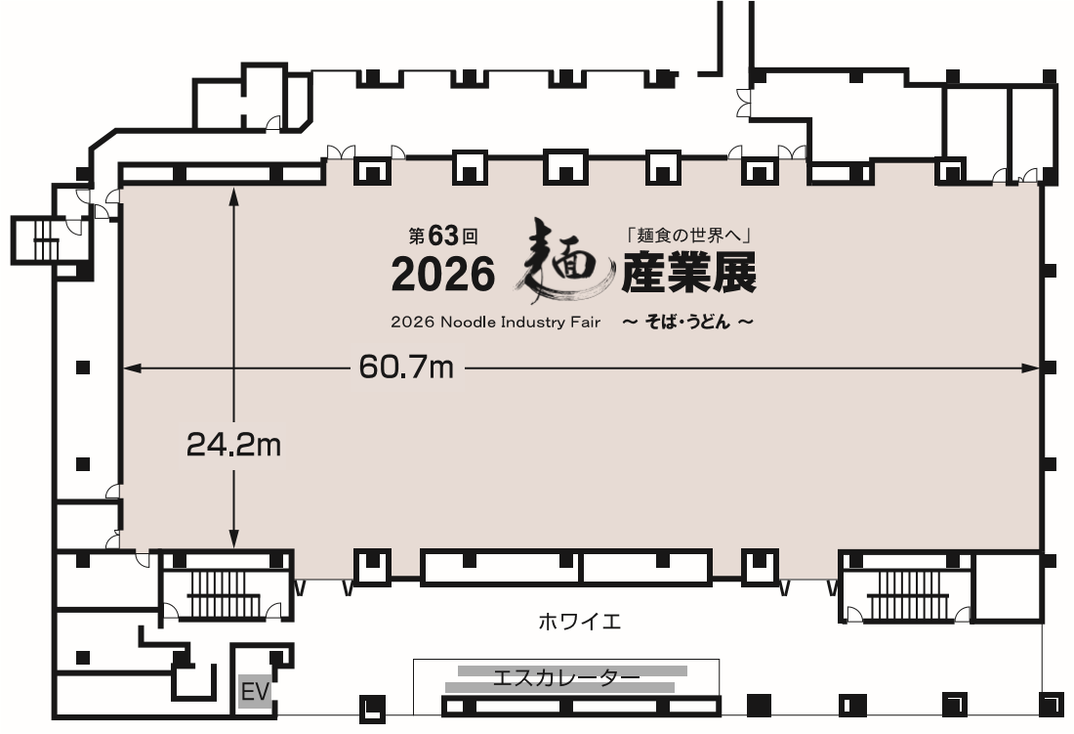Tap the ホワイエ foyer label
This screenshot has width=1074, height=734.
pyautogui.click(x=579, y=622)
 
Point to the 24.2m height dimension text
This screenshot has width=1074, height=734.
pyautogui.click(x=233, y=446)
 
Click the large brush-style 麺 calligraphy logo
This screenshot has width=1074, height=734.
pyautogui.click(x=560, y=262)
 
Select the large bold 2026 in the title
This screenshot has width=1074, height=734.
pyautogui.click(x=442, y=277)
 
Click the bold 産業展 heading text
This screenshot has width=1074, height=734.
pyautogui.click(x=689, y=276)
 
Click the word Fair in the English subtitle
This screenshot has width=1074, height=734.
pyautogui.click(x=585, y=322)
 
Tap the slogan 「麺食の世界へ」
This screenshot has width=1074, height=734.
pyautogui.click(x=684, y=237)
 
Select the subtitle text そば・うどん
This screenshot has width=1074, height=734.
pyautogui.click(x=688, y=323)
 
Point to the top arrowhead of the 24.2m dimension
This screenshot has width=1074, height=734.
pyautogui.click(x=234, y=194)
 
